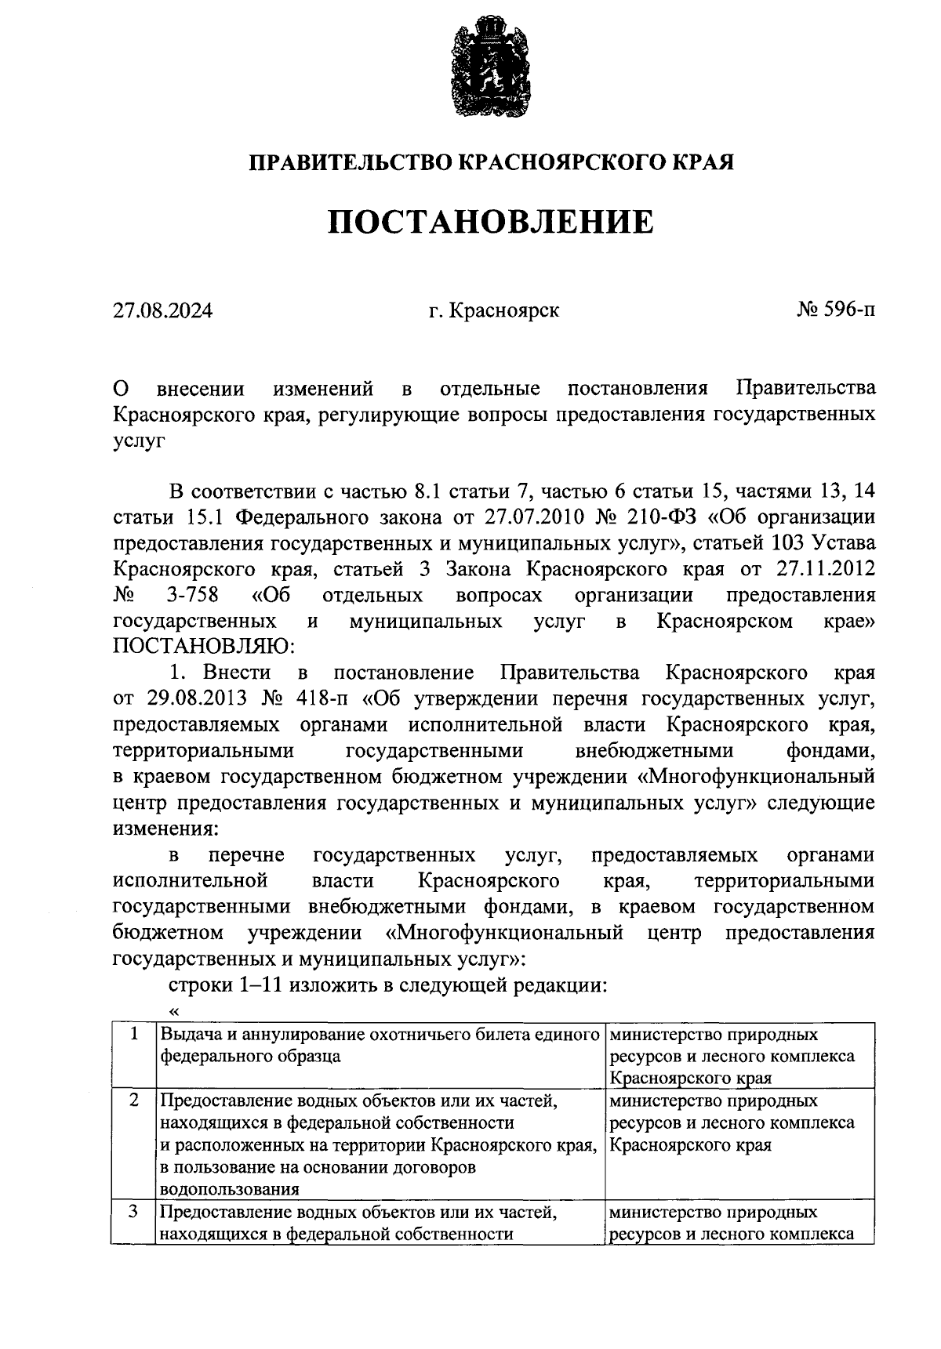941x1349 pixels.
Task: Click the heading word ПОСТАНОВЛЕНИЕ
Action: (x=490, y=222)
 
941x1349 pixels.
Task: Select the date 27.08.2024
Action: (x=162, y=311)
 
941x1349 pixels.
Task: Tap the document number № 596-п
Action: (x=836, y=310)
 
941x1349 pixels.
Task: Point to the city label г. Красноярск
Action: (x=494, y=311)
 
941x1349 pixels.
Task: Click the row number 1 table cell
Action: (x=134, y=1035)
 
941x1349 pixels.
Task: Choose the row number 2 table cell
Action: (x=134, y=1101)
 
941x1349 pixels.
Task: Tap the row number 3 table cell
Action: (x=134, y=1212)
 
